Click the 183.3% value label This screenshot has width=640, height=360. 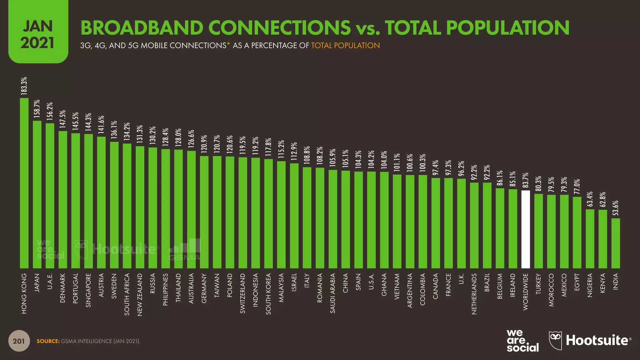(24, 86)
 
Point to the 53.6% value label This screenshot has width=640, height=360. (616, 207)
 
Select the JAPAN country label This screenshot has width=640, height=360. (37, 282)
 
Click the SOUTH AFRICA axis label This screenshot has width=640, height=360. (127, 294)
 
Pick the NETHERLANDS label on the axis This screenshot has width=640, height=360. (474, 294)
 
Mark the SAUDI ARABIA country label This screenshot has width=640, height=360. (332, 293)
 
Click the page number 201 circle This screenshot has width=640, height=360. (19, 341)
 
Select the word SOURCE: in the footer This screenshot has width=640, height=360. (48, 341)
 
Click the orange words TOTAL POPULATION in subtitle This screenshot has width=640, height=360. (345, 46)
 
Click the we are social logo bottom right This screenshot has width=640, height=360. (522, 341)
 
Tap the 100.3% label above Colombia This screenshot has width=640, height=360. (423, 162)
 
